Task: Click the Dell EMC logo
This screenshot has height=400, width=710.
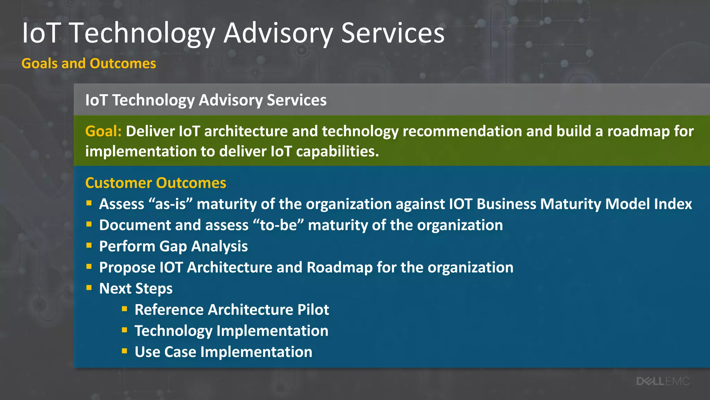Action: click(x=663, y=381)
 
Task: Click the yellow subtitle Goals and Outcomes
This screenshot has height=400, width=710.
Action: click(x=89, y=64)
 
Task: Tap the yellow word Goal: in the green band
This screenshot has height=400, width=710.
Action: click(x=103, y=131)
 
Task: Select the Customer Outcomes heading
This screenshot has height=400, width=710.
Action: click(x=156, y=183)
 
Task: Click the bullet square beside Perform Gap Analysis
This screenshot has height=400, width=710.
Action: click(x=89, y=245)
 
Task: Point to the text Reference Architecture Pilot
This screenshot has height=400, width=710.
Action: click(x=232, y=309)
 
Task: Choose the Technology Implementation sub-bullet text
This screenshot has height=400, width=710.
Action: click(x=231, y=331)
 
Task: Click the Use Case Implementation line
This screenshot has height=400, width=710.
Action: click(x=223, y=352)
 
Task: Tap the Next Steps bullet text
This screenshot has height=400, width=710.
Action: click(x=136, y=289)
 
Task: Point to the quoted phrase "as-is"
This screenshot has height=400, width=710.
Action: click(x=170, y=204)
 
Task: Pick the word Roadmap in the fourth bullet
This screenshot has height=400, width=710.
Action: click(x=339, y=267)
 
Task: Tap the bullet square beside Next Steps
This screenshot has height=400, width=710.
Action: click(x=89, y=287)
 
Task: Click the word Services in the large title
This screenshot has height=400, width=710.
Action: click(x=392, y=33)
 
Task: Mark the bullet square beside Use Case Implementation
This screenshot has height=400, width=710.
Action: click(x=124, y=351)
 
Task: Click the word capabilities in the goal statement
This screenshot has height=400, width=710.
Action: click(x=337, y=151)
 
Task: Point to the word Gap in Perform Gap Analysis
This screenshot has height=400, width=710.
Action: click(x=173, y=247)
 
